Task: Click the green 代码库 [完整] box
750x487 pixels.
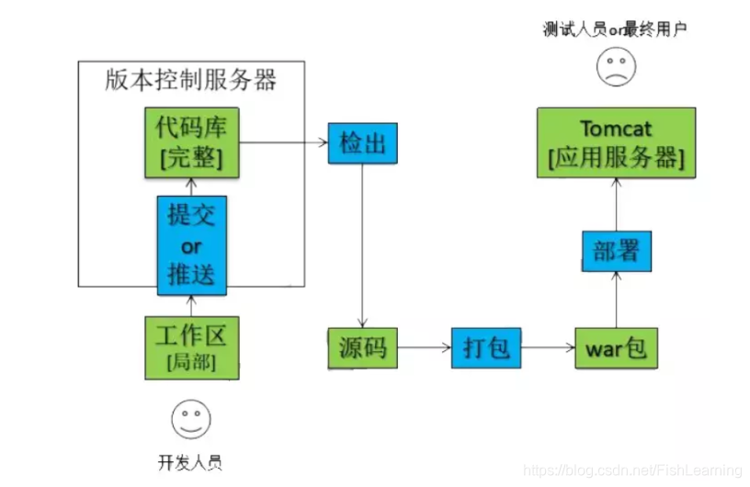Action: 190,142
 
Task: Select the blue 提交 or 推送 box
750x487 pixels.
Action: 192,245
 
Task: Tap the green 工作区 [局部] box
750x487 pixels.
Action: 191,345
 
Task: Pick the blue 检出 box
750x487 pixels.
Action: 362,144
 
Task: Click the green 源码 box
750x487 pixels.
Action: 362,348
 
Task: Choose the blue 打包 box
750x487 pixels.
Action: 486,348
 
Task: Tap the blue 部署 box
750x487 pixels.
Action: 616,251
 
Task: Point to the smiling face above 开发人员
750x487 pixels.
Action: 191,420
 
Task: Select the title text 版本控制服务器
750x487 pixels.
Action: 191,81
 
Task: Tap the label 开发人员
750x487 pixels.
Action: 191,462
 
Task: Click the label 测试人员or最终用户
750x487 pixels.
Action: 615,29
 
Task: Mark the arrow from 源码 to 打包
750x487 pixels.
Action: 425,348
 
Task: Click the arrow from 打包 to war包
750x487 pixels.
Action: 548,348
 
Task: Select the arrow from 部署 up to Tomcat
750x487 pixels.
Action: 617,204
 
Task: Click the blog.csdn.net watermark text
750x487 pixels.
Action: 642,471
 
